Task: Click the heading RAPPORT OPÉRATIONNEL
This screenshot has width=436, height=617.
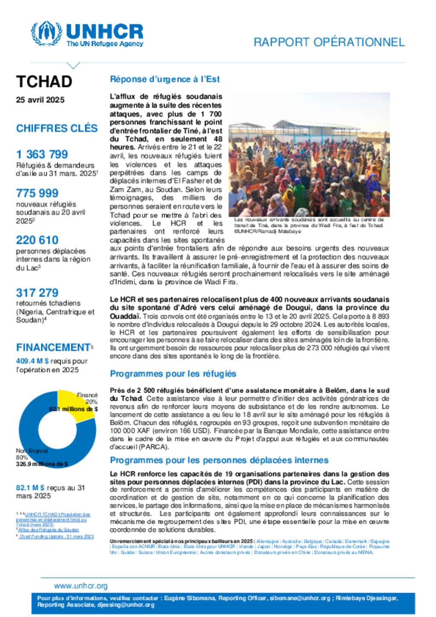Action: [329, 42]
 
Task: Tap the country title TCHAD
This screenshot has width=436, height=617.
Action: [44, 81]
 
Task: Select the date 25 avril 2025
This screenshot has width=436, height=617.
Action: [40, 100]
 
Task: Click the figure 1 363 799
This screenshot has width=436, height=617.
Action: [42, 154]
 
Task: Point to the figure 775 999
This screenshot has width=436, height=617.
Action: [37, 193]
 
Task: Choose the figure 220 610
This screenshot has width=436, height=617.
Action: [37, 240]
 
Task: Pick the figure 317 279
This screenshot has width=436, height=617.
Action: [37, 293]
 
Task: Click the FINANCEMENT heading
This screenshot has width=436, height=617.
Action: [53, 347]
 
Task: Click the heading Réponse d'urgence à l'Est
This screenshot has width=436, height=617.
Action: [165, 79]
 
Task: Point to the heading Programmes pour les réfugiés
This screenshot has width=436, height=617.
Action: [173, 374]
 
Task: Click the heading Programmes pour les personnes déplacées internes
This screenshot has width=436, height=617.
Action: [219, 460]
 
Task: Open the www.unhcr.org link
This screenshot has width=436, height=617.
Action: [81, 586]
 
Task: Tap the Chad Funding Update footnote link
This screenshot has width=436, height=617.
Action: [56, 537]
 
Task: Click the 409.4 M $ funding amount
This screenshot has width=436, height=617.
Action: [32, 361]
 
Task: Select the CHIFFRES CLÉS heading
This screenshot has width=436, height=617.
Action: [57, 128]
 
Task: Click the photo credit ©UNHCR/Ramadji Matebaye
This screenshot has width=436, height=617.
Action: [267, 232]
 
